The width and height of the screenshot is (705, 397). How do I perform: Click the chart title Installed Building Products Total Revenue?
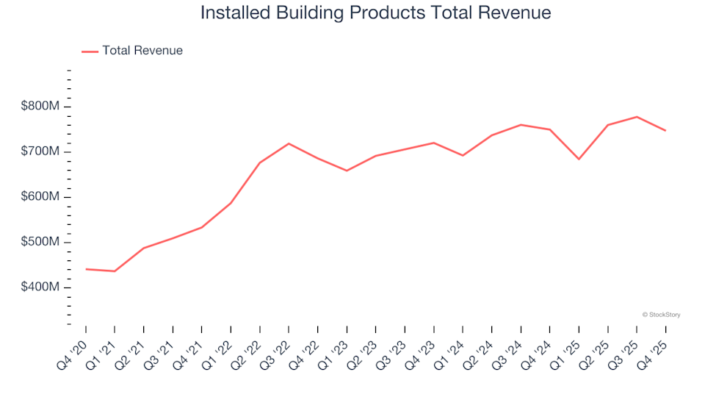[375, 13]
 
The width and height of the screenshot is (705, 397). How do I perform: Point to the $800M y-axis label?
[40, 107]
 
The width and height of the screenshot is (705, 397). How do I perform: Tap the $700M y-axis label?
[40, 151]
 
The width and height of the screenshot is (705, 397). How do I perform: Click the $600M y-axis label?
[40, 197]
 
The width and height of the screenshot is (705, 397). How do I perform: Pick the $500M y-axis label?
[40, 242]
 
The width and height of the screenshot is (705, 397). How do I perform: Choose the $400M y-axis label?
[40, 287]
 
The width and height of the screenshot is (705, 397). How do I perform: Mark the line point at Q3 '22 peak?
[289, 143]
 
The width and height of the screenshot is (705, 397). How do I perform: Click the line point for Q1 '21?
[115, 271]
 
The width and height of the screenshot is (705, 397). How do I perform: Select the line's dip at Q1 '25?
[579, 159]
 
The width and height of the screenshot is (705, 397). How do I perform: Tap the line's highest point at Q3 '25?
[637, 117]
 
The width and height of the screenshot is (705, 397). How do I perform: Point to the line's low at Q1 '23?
[347, 171]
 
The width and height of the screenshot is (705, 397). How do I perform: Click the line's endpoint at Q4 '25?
[665, 131]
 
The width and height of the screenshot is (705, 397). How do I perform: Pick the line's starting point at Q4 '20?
[86, 269]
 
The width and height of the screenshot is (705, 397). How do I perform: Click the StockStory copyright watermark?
[661, 315]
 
